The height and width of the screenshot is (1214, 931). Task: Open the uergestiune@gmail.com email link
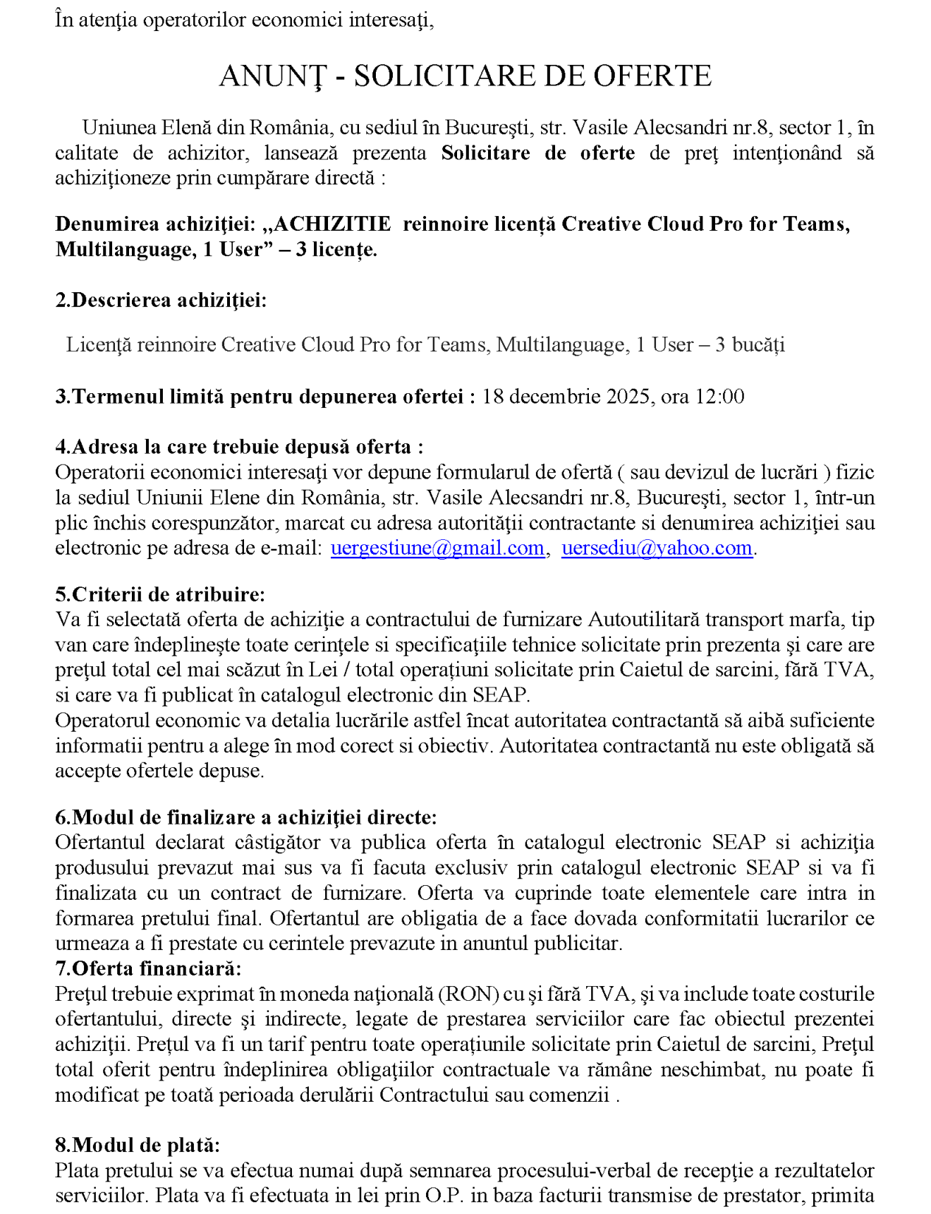tap(437, 548)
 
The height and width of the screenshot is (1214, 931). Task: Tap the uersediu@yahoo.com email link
tap(657, 548)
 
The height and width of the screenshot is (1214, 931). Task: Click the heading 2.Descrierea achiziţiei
tap(161, 300)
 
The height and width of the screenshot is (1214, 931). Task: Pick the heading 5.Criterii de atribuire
tap(160, 594)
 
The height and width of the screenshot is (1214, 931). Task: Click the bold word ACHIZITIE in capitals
tap(332, 224)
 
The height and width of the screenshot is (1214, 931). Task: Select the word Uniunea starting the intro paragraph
tap(119, 128)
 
